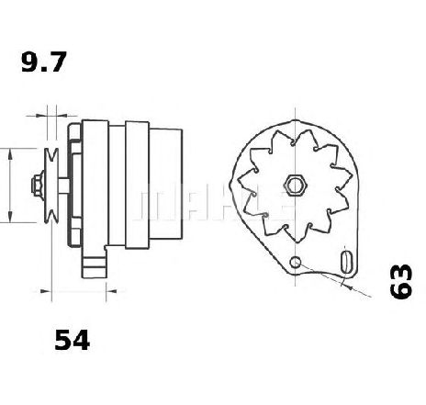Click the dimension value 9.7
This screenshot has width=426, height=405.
(44, 64)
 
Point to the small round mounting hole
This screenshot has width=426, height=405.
(296, 264)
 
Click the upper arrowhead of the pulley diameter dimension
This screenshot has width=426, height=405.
(9, 152)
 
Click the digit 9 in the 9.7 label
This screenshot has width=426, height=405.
(28, 64)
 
